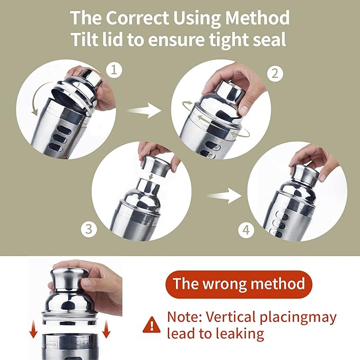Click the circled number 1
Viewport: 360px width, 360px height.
[114, 70]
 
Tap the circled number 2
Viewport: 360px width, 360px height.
[275, 74]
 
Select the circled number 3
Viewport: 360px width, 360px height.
[89, 229]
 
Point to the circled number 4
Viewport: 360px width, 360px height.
[246, 230]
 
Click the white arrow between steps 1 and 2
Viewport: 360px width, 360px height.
[144, 110]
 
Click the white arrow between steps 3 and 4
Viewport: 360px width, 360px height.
[224, 196]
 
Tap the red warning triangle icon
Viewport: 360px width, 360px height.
[152, 325]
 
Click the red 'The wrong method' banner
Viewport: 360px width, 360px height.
[239, 284]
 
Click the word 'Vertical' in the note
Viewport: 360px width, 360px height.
[231, 317]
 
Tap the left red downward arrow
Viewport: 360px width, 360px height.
[33, 329]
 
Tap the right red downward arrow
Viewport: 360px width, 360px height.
[106, 329]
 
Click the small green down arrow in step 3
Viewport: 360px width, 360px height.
[151, 177]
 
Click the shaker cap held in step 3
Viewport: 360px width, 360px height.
[156, 166]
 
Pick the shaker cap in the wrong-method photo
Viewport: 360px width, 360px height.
[69, 278]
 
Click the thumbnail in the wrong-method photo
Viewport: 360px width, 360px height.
[87, 283]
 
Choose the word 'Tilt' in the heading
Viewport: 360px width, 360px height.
[84, 39]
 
